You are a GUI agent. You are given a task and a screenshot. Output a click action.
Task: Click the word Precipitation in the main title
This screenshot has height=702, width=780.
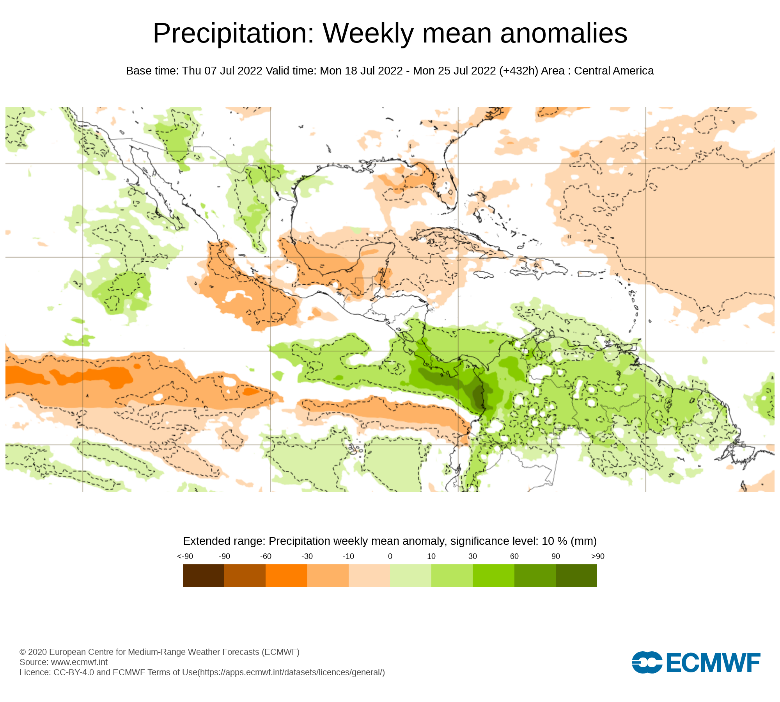[233, 34]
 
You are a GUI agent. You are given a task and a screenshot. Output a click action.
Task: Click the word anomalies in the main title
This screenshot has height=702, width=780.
[564, 34]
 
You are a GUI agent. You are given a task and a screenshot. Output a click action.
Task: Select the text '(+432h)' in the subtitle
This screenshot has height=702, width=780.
[518, 71]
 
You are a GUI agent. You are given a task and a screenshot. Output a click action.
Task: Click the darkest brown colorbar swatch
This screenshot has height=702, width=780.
[203, 575]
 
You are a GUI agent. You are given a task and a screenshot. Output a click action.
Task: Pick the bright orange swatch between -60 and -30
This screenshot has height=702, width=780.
[286, 575]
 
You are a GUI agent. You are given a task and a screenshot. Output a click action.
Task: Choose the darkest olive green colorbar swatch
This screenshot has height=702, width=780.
[576, 575]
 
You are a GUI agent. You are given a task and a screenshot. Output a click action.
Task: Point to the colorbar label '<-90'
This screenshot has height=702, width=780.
[185, 556]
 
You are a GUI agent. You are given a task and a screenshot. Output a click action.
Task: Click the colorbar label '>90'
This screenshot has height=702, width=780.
[597, 556]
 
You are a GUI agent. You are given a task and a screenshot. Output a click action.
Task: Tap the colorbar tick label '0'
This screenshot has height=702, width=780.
[390, 556]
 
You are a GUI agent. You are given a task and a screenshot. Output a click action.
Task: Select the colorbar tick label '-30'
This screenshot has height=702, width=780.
[307, 556]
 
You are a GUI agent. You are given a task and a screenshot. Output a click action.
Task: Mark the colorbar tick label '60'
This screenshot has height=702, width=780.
[514, 556]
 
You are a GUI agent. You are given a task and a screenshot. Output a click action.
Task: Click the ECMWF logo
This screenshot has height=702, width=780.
[696, 662]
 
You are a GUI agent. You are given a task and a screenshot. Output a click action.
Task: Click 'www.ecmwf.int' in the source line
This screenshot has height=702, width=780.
[79, 662]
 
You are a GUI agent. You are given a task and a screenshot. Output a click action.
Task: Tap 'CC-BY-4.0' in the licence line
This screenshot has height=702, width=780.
[74, 672]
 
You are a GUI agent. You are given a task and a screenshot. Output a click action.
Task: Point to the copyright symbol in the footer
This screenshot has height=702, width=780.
[23, 652]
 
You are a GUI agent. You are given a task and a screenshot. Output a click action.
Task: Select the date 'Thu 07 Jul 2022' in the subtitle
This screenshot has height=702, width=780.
[222, 71]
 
